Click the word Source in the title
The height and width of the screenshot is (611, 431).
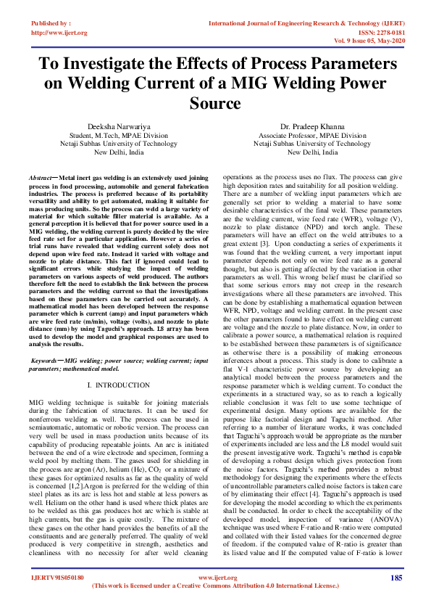coord(215,104)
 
